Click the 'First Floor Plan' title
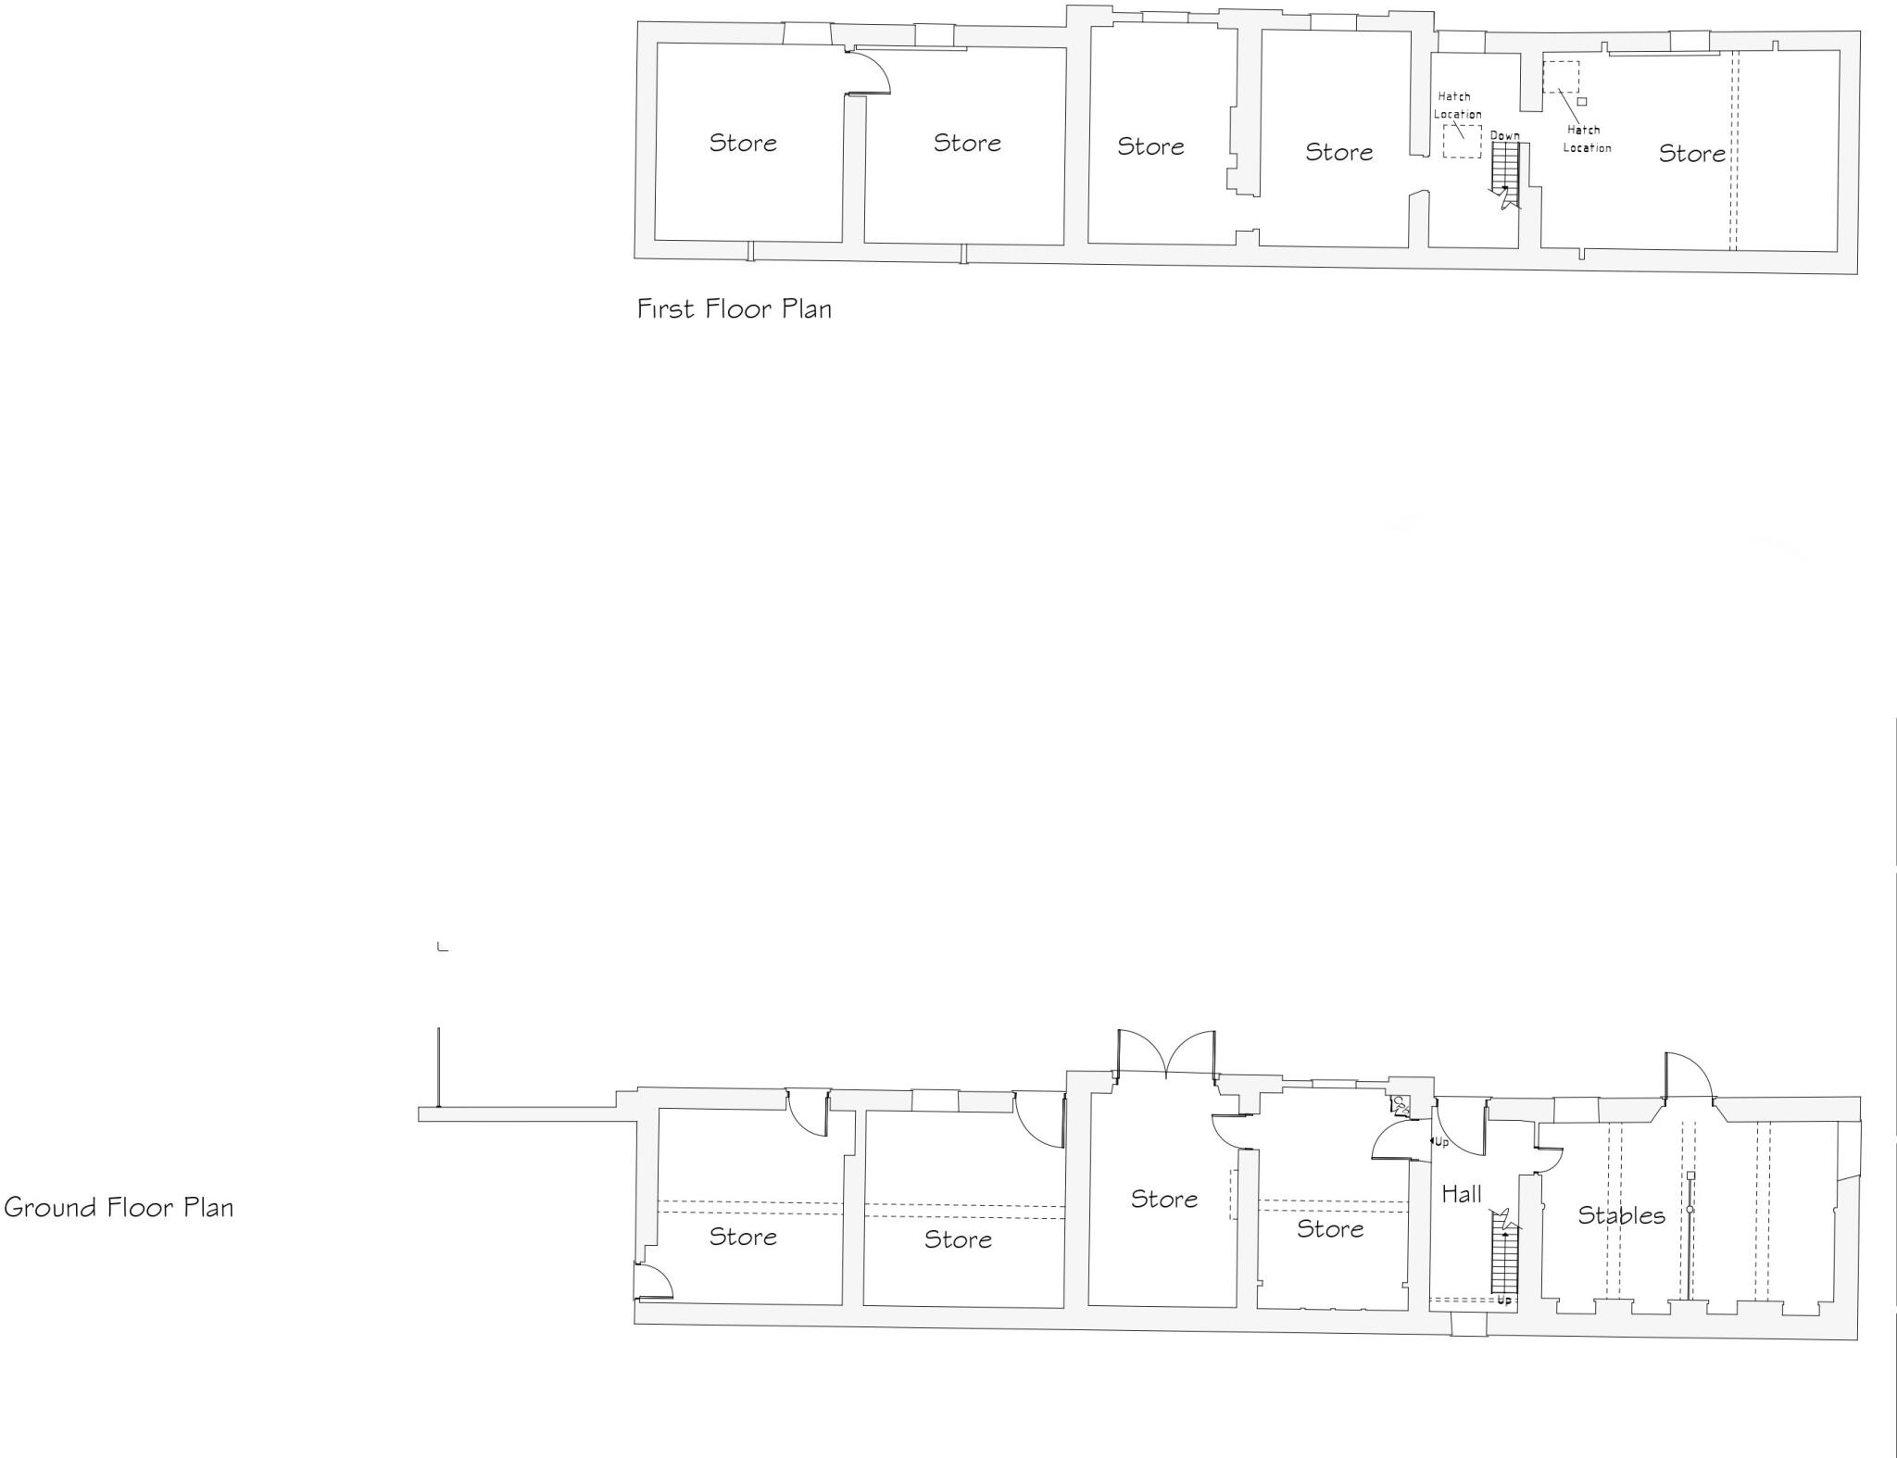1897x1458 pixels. pos(734,308)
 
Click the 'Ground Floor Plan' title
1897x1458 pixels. pos(119,1207)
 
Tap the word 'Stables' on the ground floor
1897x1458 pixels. pos(1621,1215)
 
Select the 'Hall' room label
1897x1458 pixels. pos(1461,1195)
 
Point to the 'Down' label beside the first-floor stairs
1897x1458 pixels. pos(1504,136)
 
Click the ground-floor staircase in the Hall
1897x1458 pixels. pos(1504,1260)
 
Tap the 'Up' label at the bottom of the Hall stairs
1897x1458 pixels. pos(1504,1301)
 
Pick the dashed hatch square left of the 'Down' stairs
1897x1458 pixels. pos(1462,142)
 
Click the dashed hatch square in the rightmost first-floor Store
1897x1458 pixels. pos(1561,76)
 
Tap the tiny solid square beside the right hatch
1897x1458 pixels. pos(1582,102)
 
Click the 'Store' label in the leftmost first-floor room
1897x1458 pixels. pos(743,143)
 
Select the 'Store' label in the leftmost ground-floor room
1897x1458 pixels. pos(743,1237)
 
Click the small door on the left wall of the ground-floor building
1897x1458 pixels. pos(652,1281)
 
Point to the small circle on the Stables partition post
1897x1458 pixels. pos(1690,1210)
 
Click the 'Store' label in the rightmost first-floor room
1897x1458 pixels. pos(1691,154)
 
